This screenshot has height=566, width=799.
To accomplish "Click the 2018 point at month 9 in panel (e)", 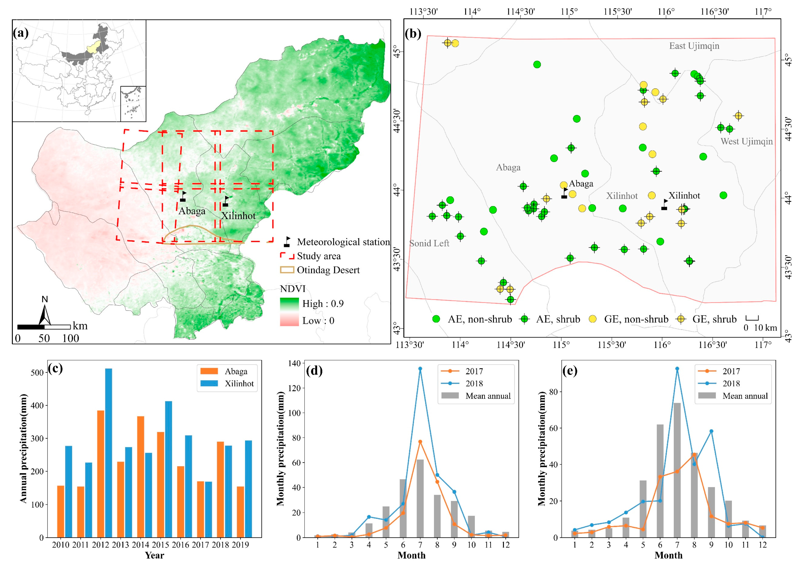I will (711, 431).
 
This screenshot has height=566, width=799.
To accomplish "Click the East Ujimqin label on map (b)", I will (694, 46).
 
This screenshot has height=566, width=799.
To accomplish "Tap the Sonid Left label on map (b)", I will (429, 243).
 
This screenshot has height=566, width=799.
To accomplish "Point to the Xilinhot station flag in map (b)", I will (664, 205).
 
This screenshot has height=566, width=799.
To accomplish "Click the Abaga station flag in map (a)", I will (183, 197).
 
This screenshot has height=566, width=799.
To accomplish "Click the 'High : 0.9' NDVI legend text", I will (323, 304).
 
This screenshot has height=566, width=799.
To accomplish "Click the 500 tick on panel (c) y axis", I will (37, 373).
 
